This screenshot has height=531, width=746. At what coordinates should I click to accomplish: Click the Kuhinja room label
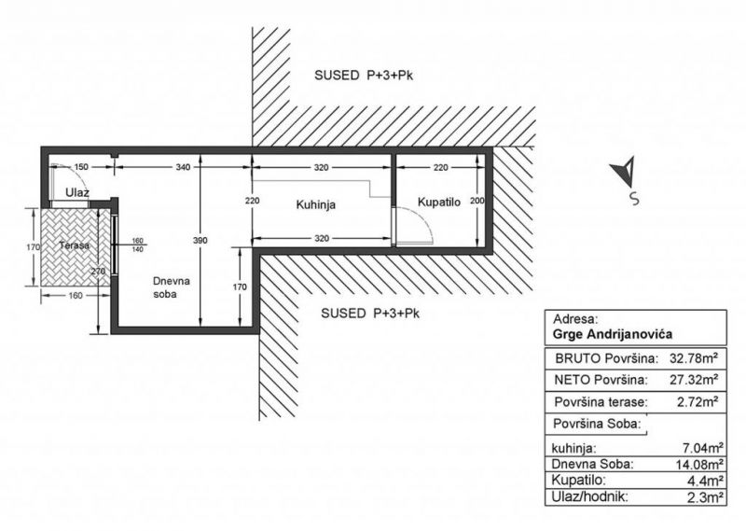[316, 204]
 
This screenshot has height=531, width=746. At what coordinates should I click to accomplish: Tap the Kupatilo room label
[439, 202]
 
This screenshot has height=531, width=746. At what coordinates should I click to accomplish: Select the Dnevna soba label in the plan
[172, 287]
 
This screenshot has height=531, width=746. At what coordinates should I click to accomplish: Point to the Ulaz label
[77, 192]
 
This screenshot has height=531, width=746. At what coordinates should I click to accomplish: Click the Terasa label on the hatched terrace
[75, 245]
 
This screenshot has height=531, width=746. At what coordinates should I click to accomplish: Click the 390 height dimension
[200, 241]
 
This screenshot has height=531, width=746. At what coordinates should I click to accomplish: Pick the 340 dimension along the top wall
[183, 167]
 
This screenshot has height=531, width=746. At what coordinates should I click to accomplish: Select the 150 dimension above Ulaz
[81, 167]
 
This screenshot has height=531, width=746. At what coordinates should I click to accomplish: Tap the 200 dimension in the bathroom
[477, 201]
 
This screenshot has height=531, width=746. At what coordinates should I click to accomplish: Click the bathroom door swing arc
[426, 220]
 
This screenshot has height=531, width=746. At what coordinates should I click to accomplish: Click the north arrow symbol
[624, 172]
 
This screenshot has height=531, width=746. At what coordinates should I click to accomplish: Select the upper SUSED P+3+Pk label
[364, 76]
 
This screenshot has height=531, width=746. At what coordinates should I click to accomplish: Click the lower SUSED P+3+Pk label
[370, 314]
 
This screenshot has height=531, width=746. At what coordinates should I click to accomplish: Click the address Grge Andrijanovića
[613, 334]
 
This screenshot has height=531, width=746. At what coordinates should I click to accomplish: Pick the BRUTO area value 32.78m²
[691, 357]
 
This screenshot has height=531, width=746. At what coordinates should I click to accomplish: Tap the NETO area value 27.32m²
[691, 380]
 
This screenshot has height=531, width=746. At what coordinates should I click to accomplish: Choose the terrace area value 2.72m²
[698, 401]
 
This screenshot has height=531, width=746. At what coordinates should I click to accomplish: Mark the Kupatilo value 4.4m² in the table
[703, 480]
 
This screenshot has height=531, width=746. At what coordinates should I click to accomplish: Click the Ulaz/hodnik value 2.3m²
[706, 497]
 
